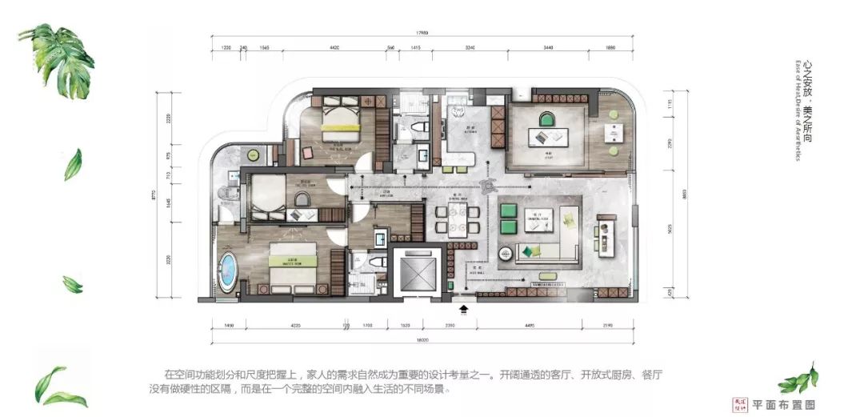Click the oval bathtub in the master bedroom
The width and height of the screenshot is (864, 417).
click(x=229, y=271)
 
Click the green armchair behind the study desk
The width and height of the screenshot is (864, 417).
click(x=545, y=121)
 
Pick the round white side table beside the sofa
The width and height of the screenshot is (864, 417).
click(x=507, y=254)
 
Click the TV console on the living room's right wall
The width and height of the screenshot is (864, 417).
click(x=602, y=235)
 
